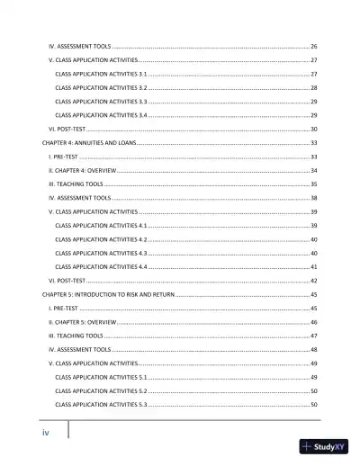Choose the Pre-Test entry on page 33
pos(64,157)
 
